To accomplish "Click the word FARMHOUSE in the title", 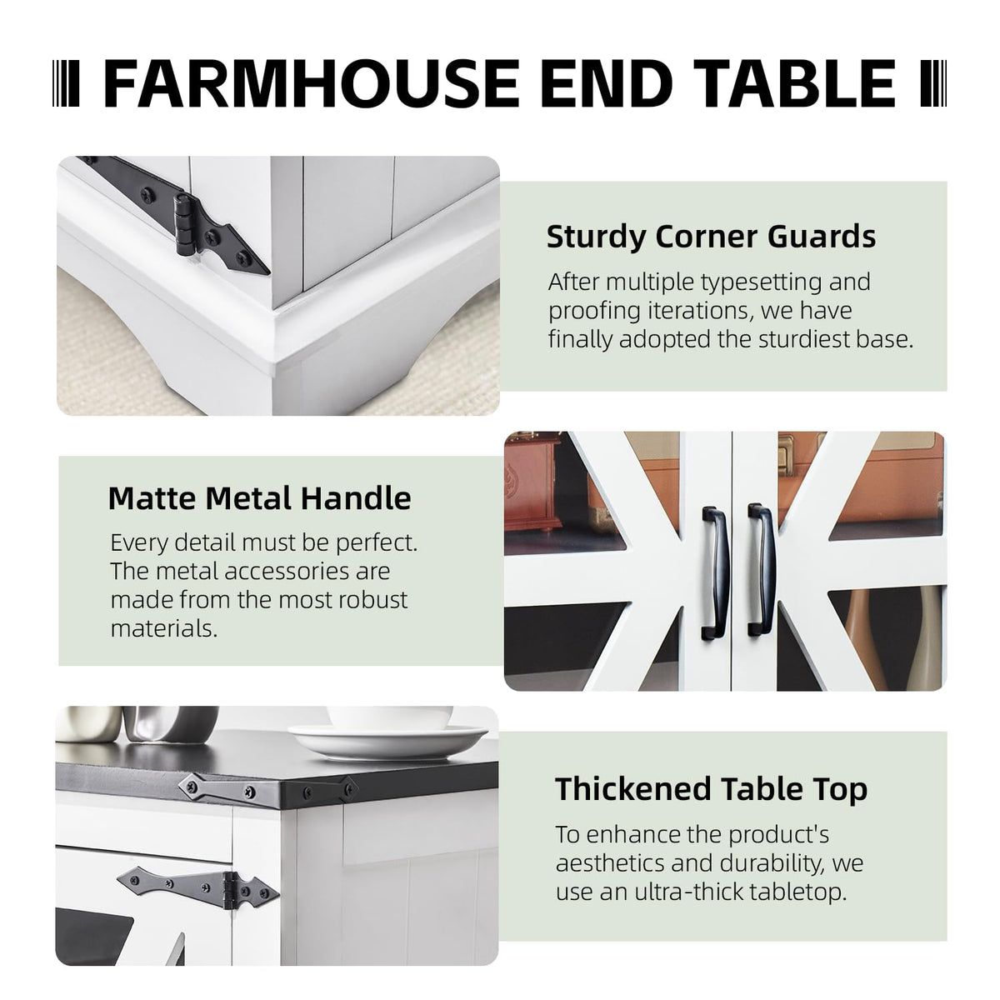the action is click(312, 83).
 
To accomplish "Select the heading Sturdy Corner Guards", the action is click(712, 237).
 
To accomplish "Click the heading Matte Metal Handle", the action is click(259, 498).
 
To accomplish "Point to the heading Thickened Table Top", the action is click(711, 789).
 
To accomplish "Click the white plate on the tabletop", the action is click(388, 740).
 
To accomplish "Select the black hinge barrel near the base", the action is click(185, 225).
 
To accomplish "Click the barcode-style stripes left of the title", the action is click(66, 83).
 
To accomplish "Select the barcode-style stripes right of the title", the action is click(934, 83).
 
